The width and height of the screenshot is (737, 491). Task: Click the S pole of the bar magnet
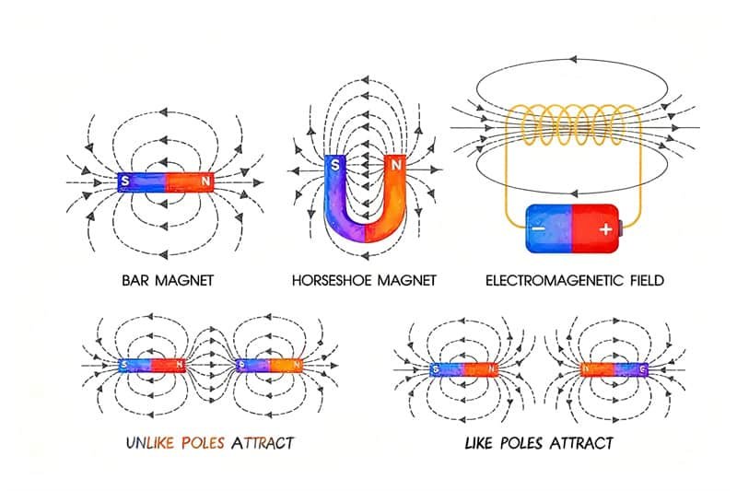point(124,181)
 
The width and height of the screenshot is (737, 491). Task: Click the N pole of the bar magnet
point(204,181)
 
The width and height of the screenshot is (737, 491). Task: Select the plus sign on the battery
point(604,228)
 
